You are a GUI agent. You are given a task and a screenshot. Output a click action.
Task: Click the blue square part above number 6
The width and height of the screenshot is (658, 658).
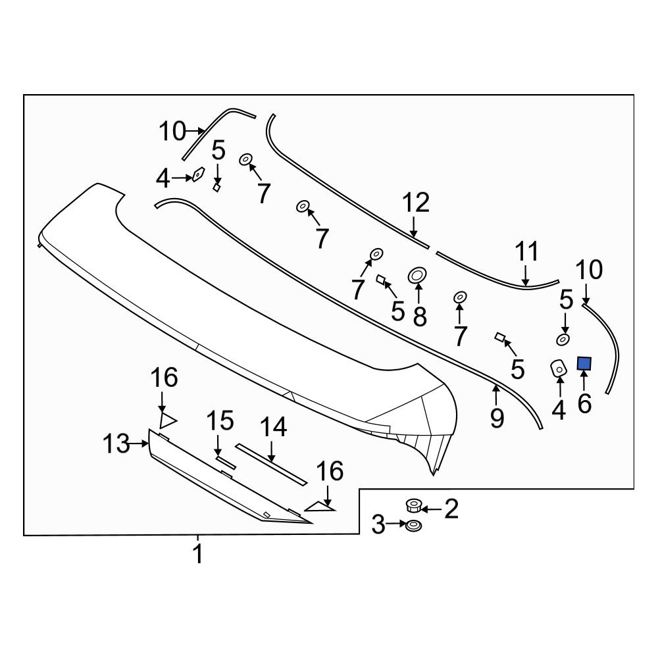[584, 363]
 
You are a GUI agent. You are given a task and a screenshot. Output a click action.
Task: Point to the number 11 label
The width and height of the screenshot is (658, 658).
[526, 252]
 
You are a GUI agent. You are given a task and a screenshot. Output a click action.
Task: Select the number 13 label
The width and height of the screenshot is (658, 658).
[116, 443]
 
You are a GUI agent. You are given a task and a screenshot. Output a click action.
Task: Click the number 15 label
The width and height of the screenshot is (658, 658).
[220, 420]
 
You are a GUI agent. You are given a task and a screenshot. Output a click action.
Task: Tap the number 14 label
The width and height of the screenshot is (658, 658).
[273, 427]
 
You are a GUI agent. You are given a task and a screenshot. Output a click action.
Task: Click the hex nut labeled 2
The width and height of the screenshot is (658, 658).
[414, 505]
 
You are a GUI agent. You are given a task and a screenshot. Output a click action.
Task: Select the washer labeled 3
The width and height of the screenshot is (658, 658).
[414, 525]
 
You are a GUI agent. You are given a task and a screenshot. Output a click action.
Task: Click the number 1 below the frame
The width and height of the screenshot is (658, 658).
[197, 553]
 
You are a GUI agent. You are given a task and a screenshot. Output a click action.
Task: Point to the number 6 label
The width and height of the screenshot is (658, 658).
[584, 403]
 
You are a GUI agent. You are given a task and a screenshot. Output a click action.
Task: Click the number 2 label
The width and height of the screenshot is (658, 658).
[451, 509]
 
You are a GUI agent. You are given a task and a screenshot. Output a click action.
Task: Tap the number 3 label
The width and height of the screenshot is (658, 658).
[378, 524]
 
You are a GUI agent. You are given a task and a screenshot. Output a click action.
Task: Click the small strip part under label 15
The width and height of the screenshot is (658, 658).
[226, 463]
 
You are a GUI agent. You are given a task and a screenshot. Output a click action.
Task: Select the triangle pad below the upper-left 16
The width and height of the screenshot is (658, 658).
[167, 421]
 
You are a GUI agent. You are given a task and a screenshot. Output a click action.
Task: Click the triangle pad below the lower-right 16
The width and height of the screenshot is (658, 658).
[320, 507]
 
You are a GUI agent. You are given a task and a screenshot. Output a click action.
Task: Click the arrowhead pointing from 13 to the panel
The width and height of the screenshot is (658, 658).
[146, 443]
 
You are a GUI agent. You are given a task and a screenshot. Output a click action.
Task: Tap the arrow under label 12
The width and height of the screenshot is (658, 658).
[414, 228]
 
